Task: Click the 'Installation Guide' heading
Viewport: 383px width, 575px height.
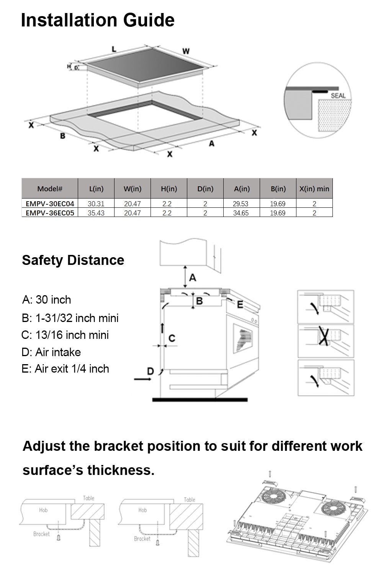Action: click(x=98, y=20)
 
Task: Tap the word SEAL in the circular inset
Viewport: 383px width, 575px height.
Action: click(x=338, y=95)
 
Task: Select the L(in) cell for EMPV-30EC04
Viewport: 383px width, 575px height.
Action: click(x=96, y=204)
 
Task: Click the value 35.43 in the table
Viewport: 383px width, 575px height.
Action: click(x=96, y=213)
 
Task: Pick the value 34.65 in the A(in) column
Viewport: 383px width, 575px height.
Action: click(x=241, y=213)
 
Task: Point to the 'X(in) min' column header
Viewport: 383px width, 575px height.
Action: click(x=314, y=189)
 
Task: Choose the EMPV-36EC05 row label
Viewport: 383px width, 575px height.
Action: click(x=50, y=213)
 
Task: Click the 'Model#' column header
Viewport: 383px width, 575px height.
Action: click(x=50, y=189)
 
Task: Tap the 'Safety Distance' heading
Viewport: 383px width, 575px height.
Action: click(x=73, y=260)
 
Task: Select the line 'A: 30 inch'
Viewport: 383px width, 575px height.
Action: click(x=47, y=300)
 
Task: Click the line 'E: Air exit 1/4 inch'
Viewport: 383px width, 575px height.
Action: click(x=65, y=369)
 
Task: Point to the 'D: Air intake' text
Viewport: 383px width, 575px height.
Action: click(x=51, y=352)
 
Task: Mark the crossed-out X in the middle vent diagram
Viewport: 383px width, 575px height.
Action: click(x=324, y=337)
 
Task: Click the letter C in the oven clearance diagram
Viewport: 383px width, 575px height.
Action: click(x=172, y=338)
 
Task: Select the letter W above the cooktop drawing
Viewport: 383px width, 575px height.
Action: click(x=186, y=51)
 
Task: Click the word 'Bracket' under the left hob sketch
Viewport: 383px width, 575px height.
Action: click(x=41, y=534)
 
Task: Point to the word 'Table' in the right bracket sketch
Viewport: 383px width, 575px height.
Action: click(x=190, y=499)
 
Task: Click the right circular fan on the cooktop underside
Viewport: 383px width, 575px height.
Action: click(x=331, y=509)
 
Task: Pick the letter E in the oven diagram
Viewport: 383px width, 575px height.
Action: click(x=240, y=305)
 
